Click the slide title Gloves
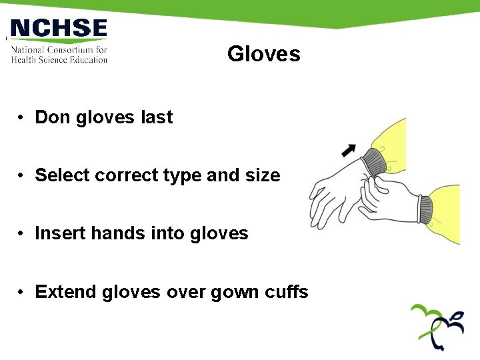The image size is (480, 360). (x=263, y=54)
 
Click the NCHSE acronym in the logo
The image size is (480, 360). (x=59, y=29)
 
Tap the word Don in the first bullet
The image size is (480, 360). (x=53, y=117)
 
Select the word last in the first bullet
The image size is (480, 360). (x=157, y=117)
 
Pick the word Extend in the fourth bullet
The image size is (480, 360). (x=66, y=292)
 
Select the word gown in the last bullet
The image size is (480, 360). (x=233, y=292)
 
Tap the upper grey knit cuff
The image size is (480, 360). (x=373, y=163)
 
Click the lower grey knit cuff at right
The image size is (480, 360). (x=425, y=209)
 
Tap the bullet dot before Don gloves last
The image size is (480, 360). (x=22, y=118)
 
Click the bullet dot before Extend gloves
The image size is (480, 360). (x=22, y=293)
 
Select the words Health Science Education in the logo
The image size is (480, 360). (x=59, y=59)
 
